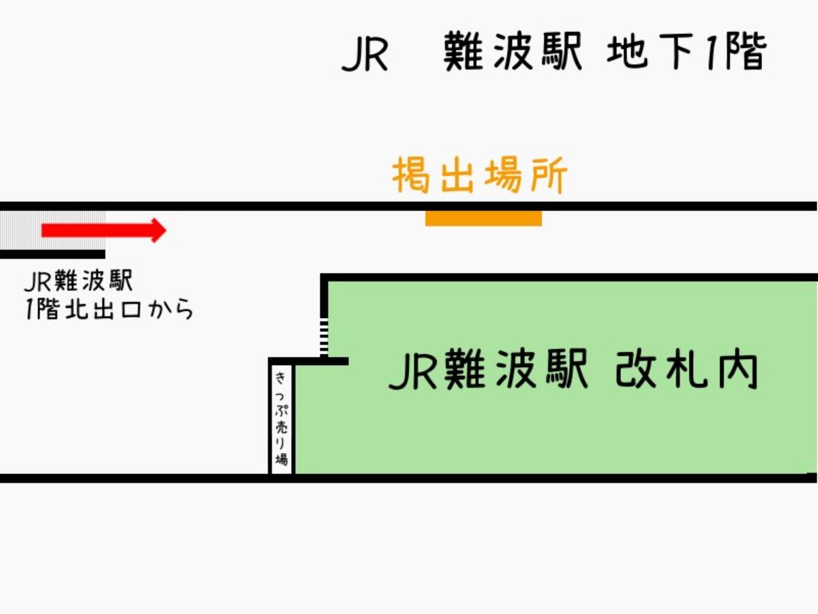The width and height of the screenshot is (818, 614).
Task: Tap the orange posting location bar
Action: click(483, 218)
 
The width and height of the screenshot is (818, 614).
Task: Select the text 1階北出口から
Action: click(109, 310)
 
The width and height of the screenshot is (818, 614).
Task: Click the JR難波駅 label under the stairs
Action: click(78, 281)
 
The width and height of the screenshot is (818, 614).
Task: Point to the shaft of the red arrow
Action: click(95, 231)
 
